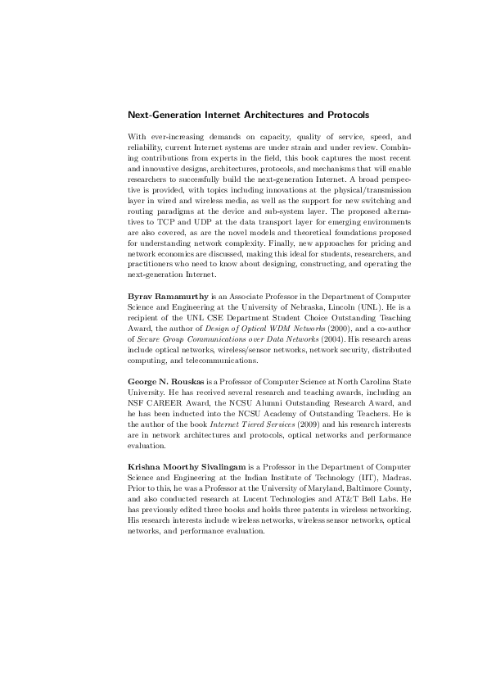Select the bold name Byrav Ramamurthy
pyautogui.click(x=166, y=294)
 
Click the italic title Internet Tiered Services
pyautogui.click(x=246, y=424)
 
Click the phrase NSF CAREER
pyautogui.click(x=156, y=403)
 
